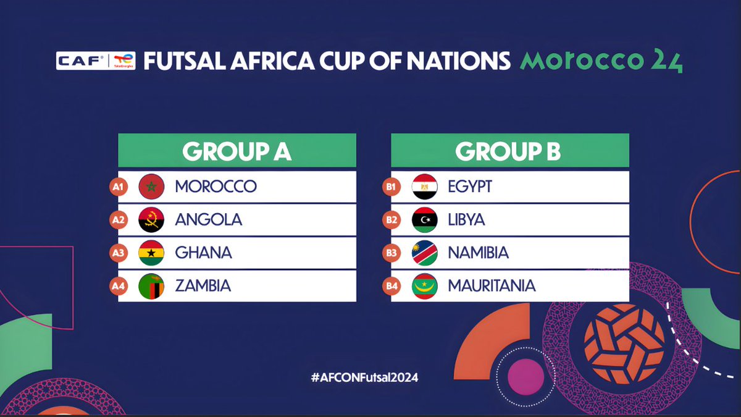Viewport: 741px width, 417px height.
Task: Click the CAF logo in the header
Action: (x=81, y=61)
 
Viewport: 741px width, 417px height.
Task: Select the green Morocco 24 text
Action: (x=600, y=61)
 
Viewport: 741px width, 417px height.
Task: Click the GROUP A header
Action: (x=237, y=151)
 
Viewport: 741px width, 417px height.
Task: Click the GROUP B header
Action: (x=509, y=151)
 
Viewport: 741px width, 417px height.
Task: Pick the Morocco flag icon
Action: (x=151, y=187)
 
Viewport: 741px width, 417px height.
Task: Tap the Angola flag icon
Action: (x=151, y=220)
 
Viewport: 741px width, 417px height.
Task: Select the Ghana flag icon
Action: (x=151, y=253)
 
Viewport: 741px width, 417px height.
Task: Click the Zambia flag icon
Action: (x=151, y=286)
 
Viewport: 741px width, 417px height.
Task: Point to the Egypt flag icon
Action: (x=425, y=187)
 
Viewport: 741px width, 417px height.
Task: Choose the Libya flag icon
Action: (x=425, y=220)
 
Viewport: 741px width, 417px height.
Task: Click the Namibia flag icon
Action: (x=425, y=253)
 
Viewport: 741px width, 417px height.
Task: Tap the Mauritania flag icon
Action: (x=425, y=286)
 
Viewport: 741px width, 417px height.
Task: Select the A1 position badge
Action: (x=118, y=187)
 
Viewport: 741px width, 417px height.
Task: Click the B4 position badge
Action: (x=391, y=286)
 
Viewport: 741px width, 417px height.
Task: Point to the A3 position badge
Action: (x=118, y=253)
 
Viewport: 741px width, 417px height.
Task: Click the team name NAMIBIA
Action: (x=478, y=253)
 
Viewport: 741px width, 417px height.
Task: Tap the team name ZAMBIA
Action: (x=203, y=286)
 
